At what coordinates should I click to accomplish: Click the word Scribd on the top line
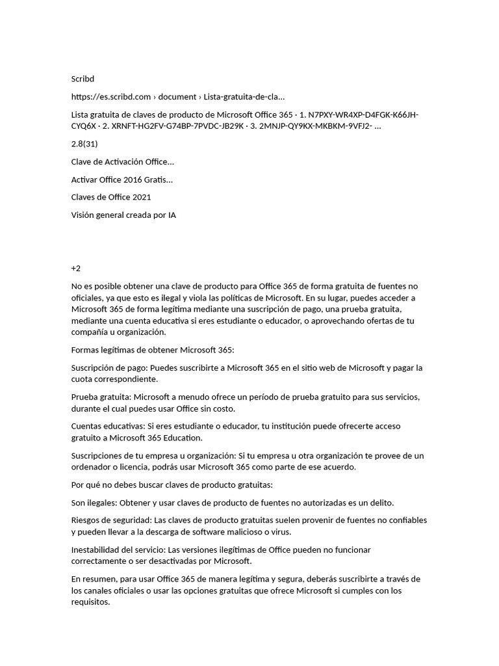pos(83,79)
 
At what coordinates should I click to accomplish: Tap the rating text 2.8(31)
pos(85,144)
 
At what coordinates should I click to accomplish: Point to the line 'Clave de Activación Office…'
pos(122,161)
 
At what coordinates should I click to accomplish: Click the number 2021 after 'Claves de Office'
pos(140,196)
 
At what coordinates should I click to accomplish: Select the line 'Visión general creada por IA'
pos(123,215)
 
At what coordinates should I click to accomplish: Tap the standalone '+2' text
pos(76,268)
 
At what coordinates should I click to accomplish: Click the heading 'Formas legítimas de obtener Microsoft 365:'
pos(153,350)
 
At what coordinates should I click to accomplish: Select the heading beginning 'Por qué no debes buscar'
pos(172,485)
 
